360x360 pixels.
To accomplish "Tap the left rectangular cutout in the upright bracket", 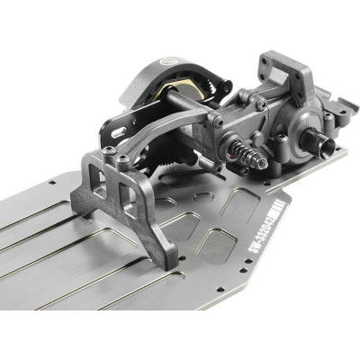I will point(101,184).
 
